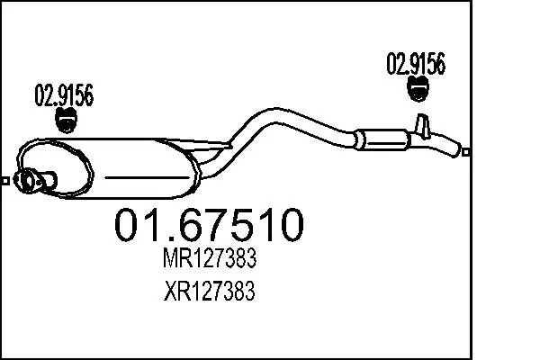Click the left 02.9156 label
65,94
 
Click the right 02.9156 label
416,64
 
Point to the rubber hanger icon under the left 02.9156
65,119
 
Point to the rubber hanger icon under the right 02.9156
418,88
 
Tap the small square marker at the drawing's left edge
5,181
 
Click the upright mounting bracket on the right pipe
421,127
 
